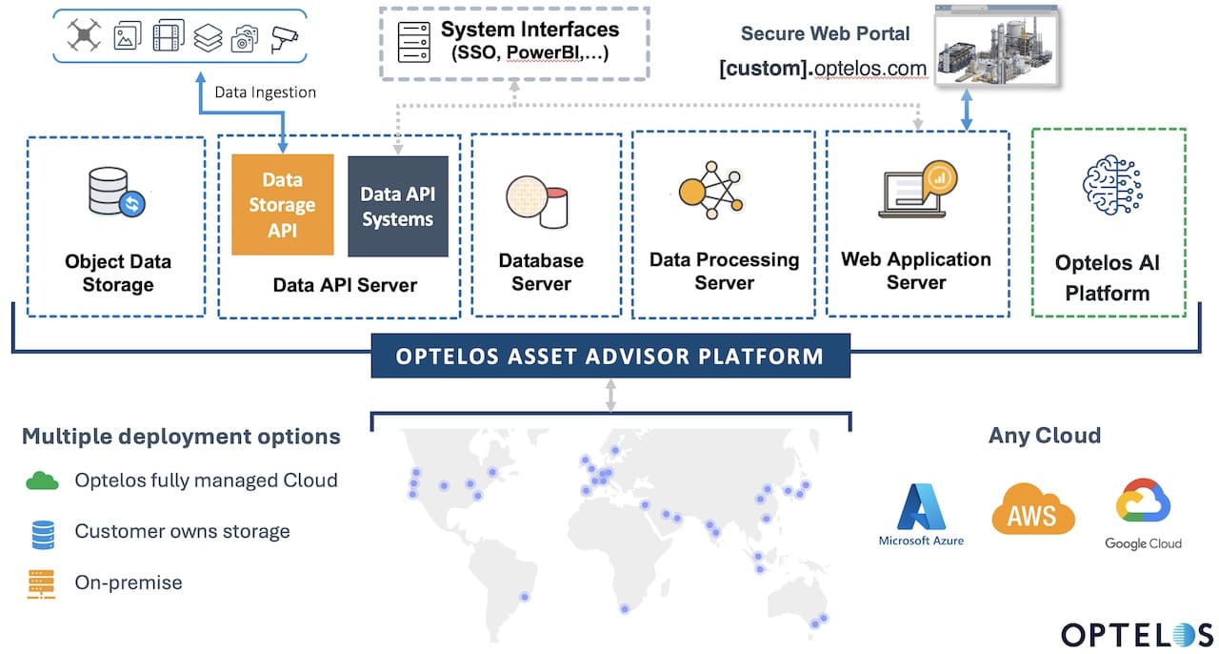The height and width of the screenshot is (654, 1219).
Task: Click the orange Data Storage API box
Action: pyautogui.click(x=283, y=205)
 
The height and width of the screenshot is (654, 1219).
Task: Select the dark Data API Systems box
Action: pyautogui.click(x=397, y=207)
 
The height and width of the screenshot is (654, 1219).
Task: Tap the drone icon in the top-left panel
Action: pyautogui.click(x=84, y=36)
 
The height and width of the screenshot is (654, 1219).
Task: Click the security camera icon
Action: pyautogui.click(x=284, y=37)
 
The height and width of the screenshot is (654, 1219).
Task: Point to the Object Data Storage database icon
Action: pyautogui.click(x=113, y=191)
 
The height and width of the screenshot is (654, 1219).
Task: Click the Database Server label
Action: pyautogui.click(x=541, y=272)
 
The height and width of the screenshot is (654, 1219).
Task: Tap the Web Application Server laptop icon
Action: pyautogui.click(x=915, y=190)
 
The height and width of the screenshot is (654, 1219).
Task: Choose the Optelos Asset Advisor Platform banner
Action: pyautogui.click(x=609, y=357)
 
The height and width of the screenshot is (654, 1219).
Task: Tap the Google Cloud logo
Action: pyautogui.click(x=1143, y=515)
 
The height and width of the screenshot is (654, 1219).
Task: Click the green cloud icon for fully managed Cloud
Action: pyautogui.click(x=42, y=481)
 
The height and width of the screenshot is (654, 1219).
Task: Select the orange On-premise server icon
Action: pyautogui.click(x=42, y=582)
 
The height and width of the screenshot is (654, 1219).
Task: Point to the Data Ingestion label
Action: pyautogui.click(x=265, y=92)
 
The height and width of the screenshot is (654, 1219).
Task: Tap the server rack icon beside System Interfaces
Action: pyautogui.click(x=410, y=43)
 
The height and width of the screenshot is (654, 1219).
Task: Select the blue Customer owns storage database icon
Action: pyautogui.click(x=42, y=532)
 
